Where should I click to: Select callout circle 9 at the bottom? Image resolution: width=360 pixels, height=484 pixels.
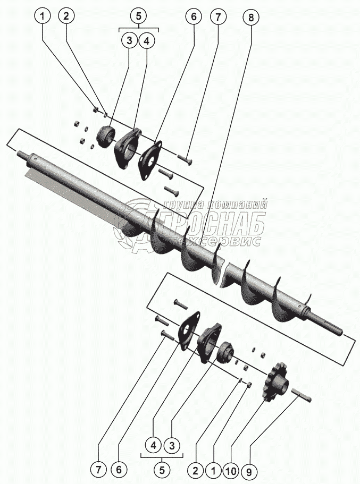pyautogui.click(x=248, y=471)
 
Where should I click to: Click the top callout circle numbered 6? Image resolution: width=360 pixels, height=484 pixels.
pyautogui.click(x=194, y=16)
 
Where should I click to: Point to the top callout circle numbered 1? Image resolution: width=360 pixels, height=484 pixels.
pyautogui.click(x=43, y=16)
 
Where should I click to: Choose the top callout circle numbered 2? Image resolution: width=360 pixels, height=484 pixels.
pyautogui.click(x=66, y=16)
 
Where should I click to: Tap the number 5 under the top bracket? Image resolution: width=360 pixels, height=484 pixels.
pyautogui.click(x=138, y=16)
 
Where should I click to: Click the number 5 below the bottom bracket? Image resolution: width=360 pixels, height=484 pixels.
pyautogui.click(x=162, y=470)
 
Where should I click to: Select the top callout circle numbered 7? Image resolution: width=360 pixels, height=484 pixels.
pyautogui.click(x=217, y=16)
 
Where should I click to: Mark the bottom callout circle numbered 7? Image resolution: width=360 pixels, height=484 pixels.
pyautogui.click(x=98, y=470)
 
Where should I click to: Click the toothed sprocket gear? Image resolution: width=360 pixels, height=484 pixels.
pyautogui.click(x=277, y=383)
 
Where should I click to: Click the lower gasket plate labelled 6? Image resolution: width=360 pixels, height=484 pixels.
pyautogui.click(x=189, y=332)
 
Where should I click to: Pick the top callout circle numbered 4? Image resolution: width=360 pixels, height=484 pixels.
pyautogui.click(x=147, y=41)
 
